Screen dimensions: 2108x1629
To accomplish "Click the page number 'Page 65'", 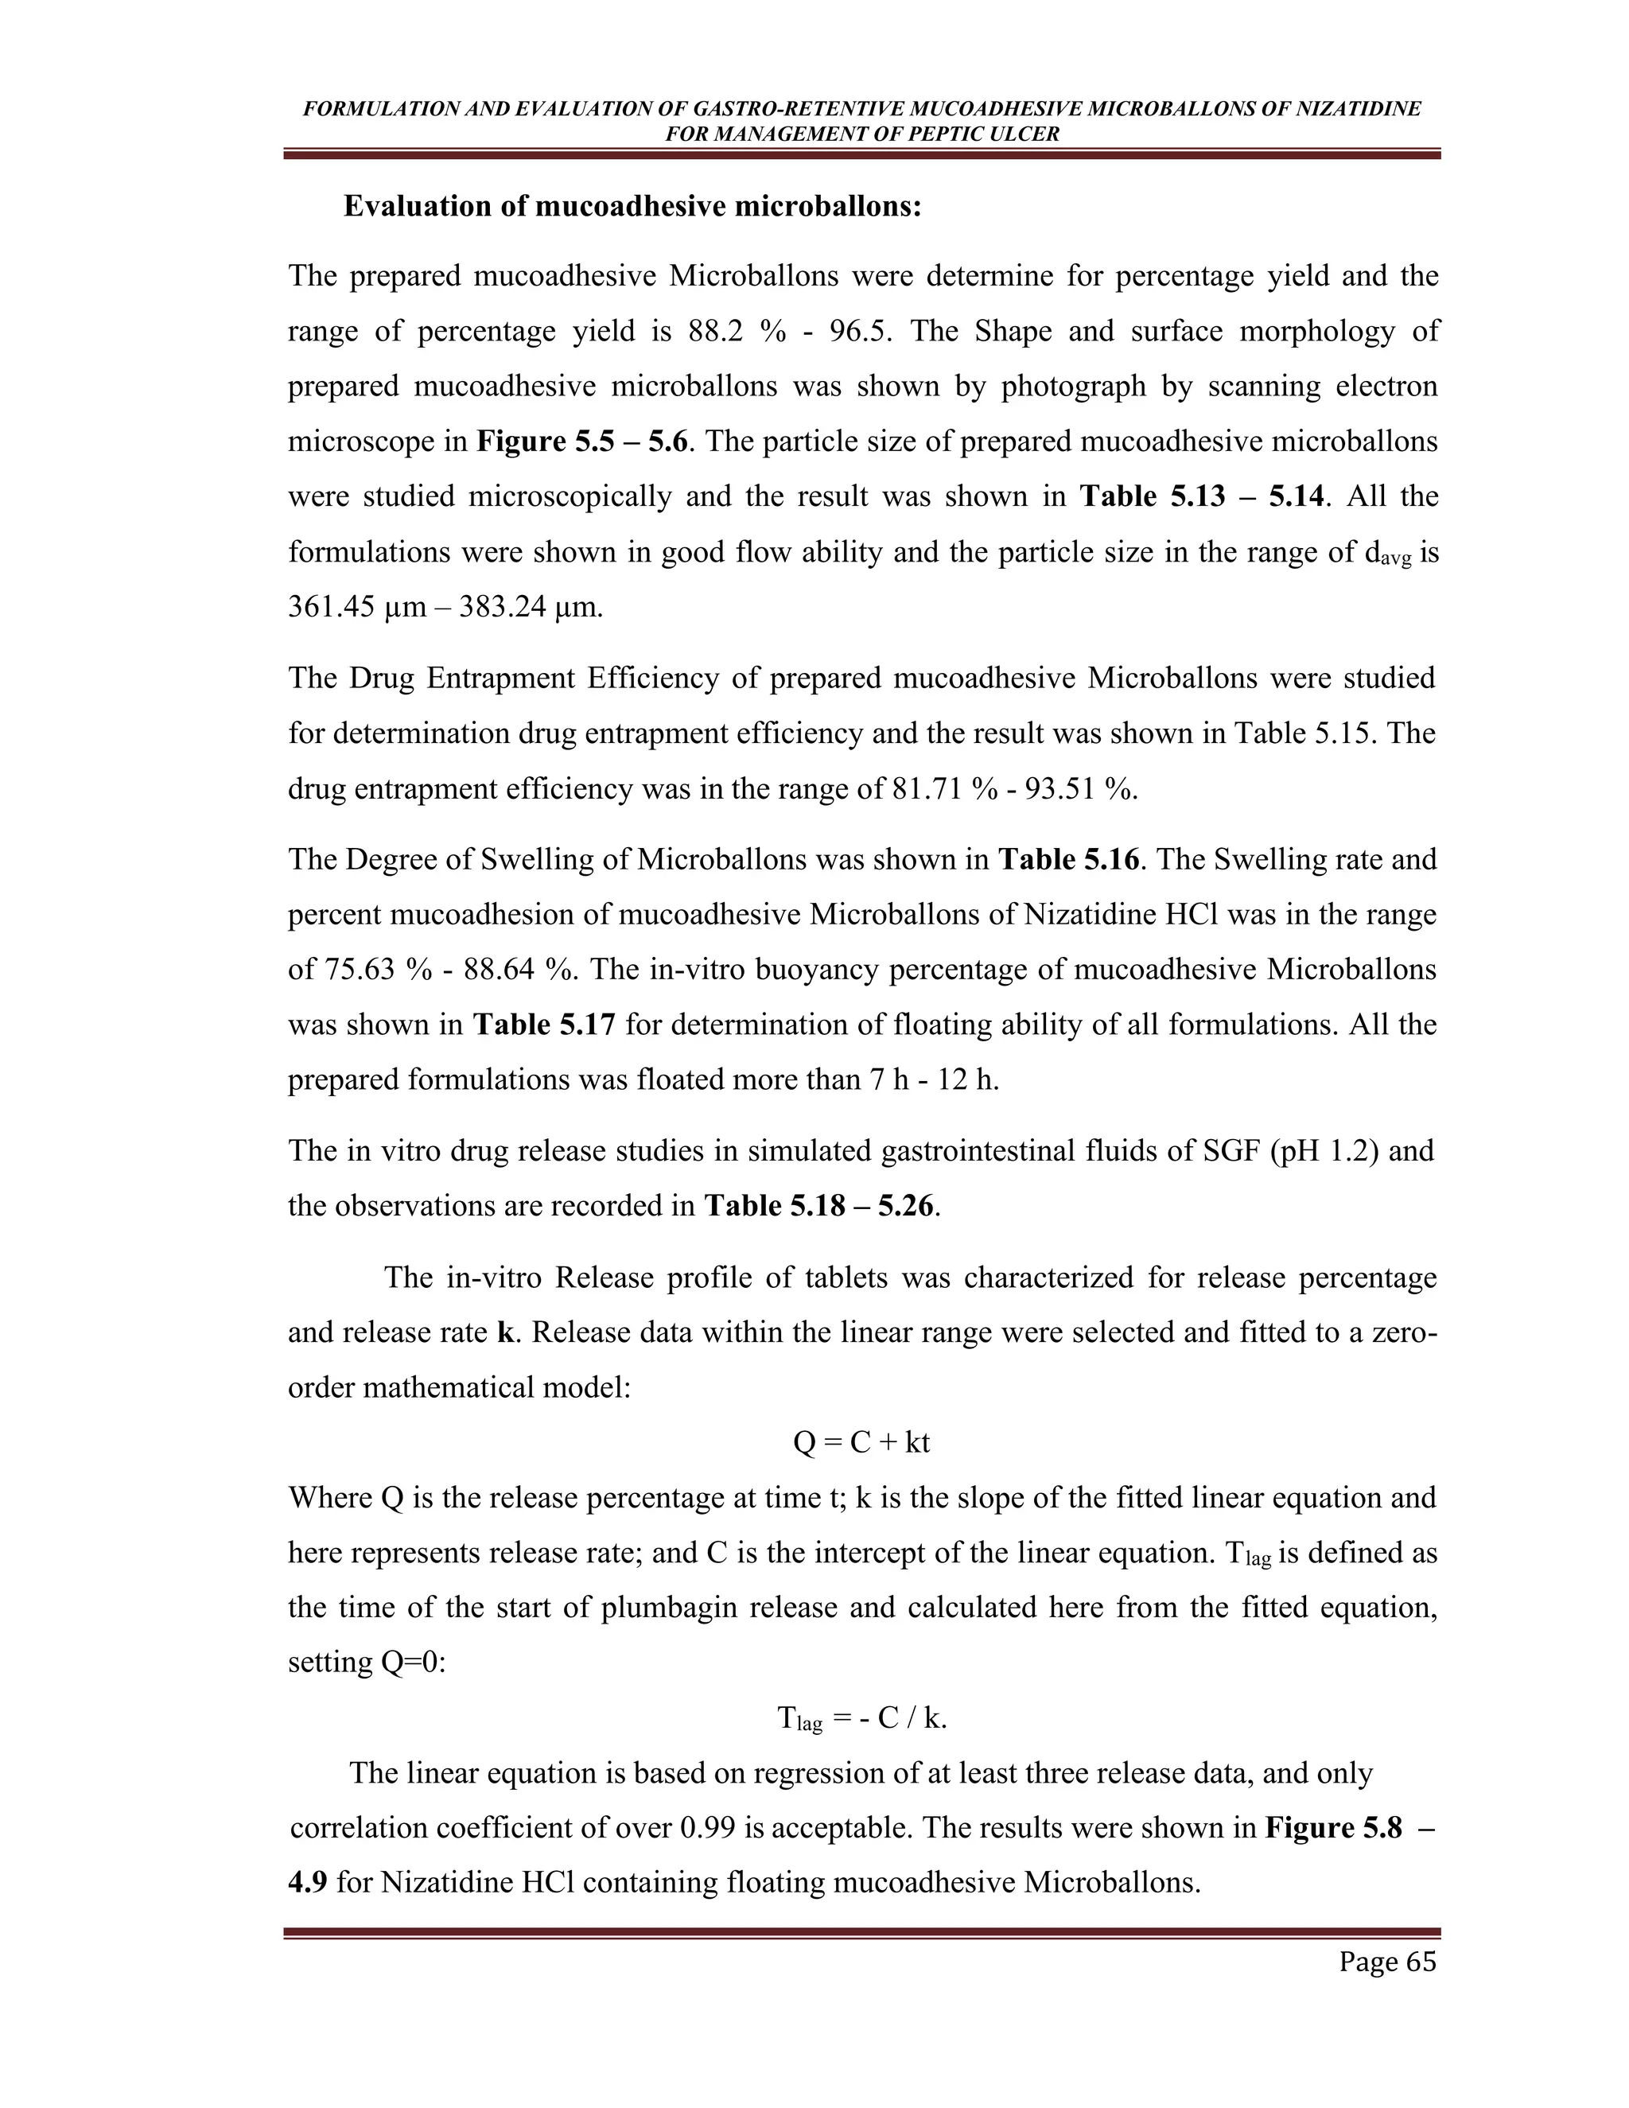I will pyautogui.click(x=1386, y=1962).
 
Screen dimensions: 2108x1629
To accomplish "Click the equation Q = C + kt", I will pyautogui.click(x=861, y=1442).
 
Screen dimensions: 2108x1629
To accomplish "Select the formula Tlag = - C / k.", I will pyautogui.click(x=861, y=1718).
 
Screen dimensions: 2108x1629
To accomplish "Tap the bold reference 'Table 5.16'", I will pyautogui.click(x=1068, y=859).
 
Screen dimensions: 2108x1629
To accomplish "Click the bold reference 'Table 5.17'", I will pyautogui.click(x=543, y=1024).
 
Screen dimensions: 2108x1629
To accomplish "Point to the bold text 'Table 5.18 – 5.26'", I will pyautogui.click(x=819, y=1205).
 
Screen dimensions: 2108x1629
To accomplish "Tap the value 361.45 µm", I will pyautogui.click(x=356, y=607).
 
